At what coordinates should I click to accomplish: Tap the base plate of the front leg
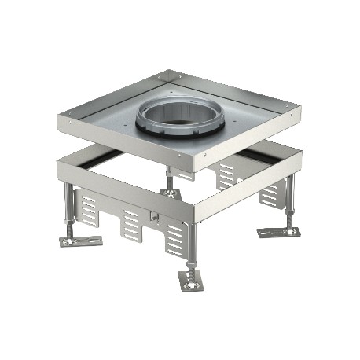(x=192, y=281)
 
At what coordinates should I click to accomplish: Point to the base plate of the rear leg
(x=169, y=192)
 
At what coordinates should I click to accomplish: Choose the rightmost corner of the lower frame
(x=303, y=152)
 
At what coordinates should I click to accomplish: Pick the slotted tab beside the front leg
(x=174, y=238)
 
